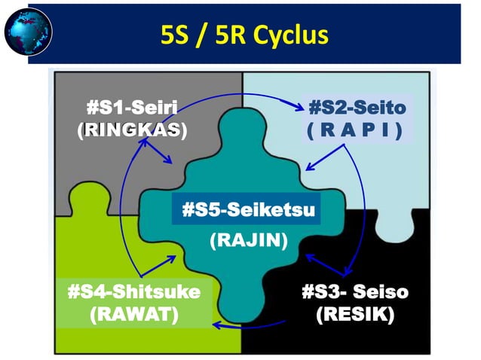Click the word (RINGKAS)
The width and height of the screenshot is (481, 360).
coord(132,130)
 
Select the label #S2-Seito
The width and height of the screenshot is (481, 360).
coord(357,108)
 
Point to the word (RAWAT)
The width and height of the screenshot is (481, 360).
coord(133,313)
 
